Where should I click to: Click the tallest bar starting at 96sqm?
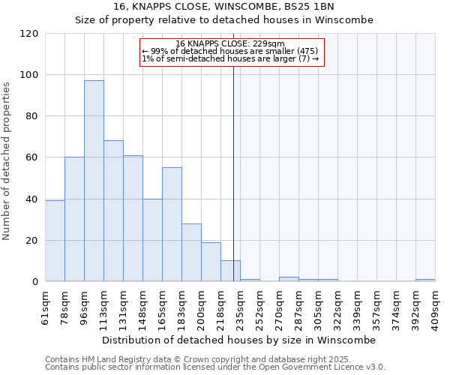click(x=94, y=181)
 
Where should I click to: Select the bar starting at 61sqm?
click(x=55, y=241)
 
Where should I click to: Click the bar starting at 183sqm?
click(x=191, y=252)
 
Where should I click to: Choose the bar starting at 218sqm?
click(x=230, y=271)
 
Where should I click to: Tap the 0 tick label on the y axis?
click(x=35, y=282)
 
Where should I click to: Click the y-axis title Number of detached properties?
click(x=7, y=161)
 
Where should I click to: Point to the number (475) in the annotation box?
click(x=310, y=51)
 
